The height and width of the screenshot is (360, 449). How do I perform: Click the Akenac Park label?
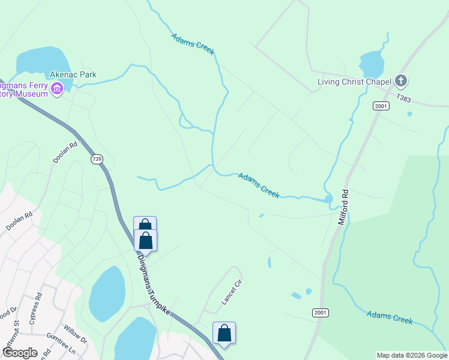click(x=74, y=75)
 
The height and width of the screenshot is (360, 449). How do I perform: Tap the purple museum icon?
click(x=58, y=90)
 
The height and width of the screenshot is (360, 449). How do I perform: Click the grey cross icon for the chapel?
click(x=401, y=81)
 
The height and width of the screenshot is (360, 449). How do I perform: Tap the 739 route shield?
click(x=96, y=160)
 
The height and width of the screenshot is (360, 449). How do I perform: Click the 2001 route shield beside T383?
click(x=380, y=106)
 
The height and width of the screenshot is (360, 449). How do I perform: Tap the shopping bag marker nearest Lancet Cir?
click(x=224, y=333)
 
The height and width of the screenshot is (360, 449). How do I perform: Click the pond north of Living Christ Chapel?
click(x=371, y=62)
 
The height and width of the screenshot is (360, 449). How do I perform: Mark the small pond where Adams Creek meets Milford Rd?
click(x=328, y=199)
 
